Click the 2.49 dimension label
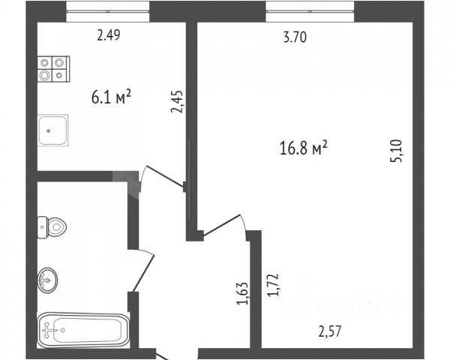109,33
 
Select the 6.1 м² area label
110,95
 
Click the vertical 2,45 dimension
177,100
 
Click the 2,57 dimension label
334,329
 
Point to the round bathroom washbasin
48,280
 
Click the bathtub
83,328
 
